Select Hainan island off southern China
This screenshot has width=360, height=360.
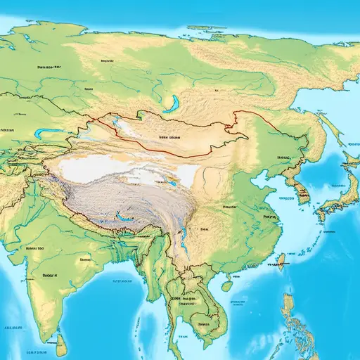(227, 285)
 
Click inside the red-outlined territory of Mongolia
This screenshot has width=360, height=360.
(176, 137)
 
